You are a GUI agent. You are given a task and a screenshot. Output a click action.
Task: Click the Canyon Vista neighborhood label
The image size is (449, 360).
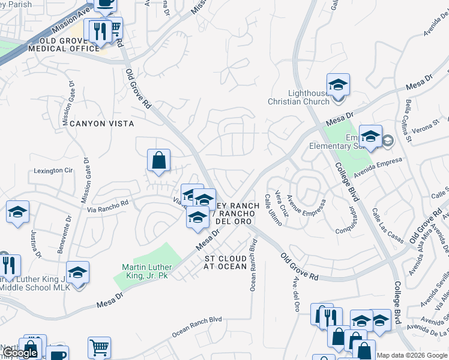[x=101, y=123]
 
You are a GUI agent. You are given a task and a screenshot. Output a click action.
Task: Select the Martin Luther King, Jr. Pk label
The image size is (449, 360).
[x=147, y=272]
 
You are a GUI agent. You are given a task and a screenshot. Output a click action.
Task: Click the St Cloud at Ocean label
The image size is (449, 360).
[x=226, y=262]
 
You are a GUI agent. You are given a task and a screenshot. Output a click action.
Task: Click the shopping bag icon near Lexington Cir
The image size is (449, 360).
[x=158, y=161]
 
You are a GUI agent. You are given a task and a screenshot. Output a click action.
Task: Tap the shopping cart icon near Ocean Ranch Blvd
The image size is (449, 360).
[x=99, y=346]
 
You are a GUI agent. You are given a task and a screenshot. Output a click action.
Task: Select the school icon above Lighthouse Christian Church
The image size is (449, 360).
[x=338, y=84]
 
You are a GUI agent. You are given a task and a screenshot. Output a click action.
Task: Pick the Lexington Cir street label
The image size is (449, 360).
[x=53, y=170]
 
